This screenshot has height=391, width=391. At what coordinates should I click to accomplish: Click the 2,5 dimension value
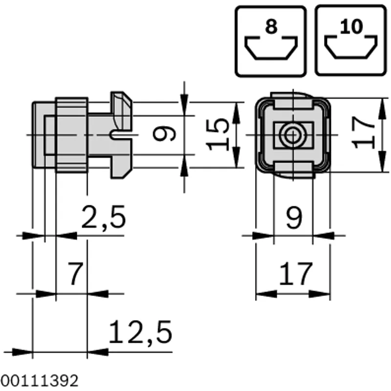(x=104, y=217)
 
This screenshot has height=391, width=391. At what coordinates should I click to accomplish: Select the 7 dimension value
(x=76, y=274)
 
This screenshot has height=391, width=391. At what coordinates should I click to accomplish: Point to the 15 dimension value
(x=217, y=135)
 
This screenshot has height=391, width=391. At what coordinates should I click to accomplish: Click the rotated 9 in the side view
(x=164, y=133)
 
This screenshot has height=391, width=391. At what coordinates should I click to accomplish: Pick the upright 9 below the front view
(x=294, y=217)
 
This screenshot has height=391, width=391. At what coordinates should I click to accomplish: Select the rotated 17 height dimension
(x=363, y=132)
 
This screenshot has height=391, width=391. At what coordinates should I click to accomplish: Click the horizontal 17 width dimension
(x=296, y=274)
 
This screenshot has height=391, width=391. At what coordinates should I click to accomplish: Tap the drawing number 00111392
(x=39, y=381)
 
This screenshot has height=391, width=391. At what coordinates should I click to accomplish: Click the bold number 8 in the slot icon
(x=271, y=26)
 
